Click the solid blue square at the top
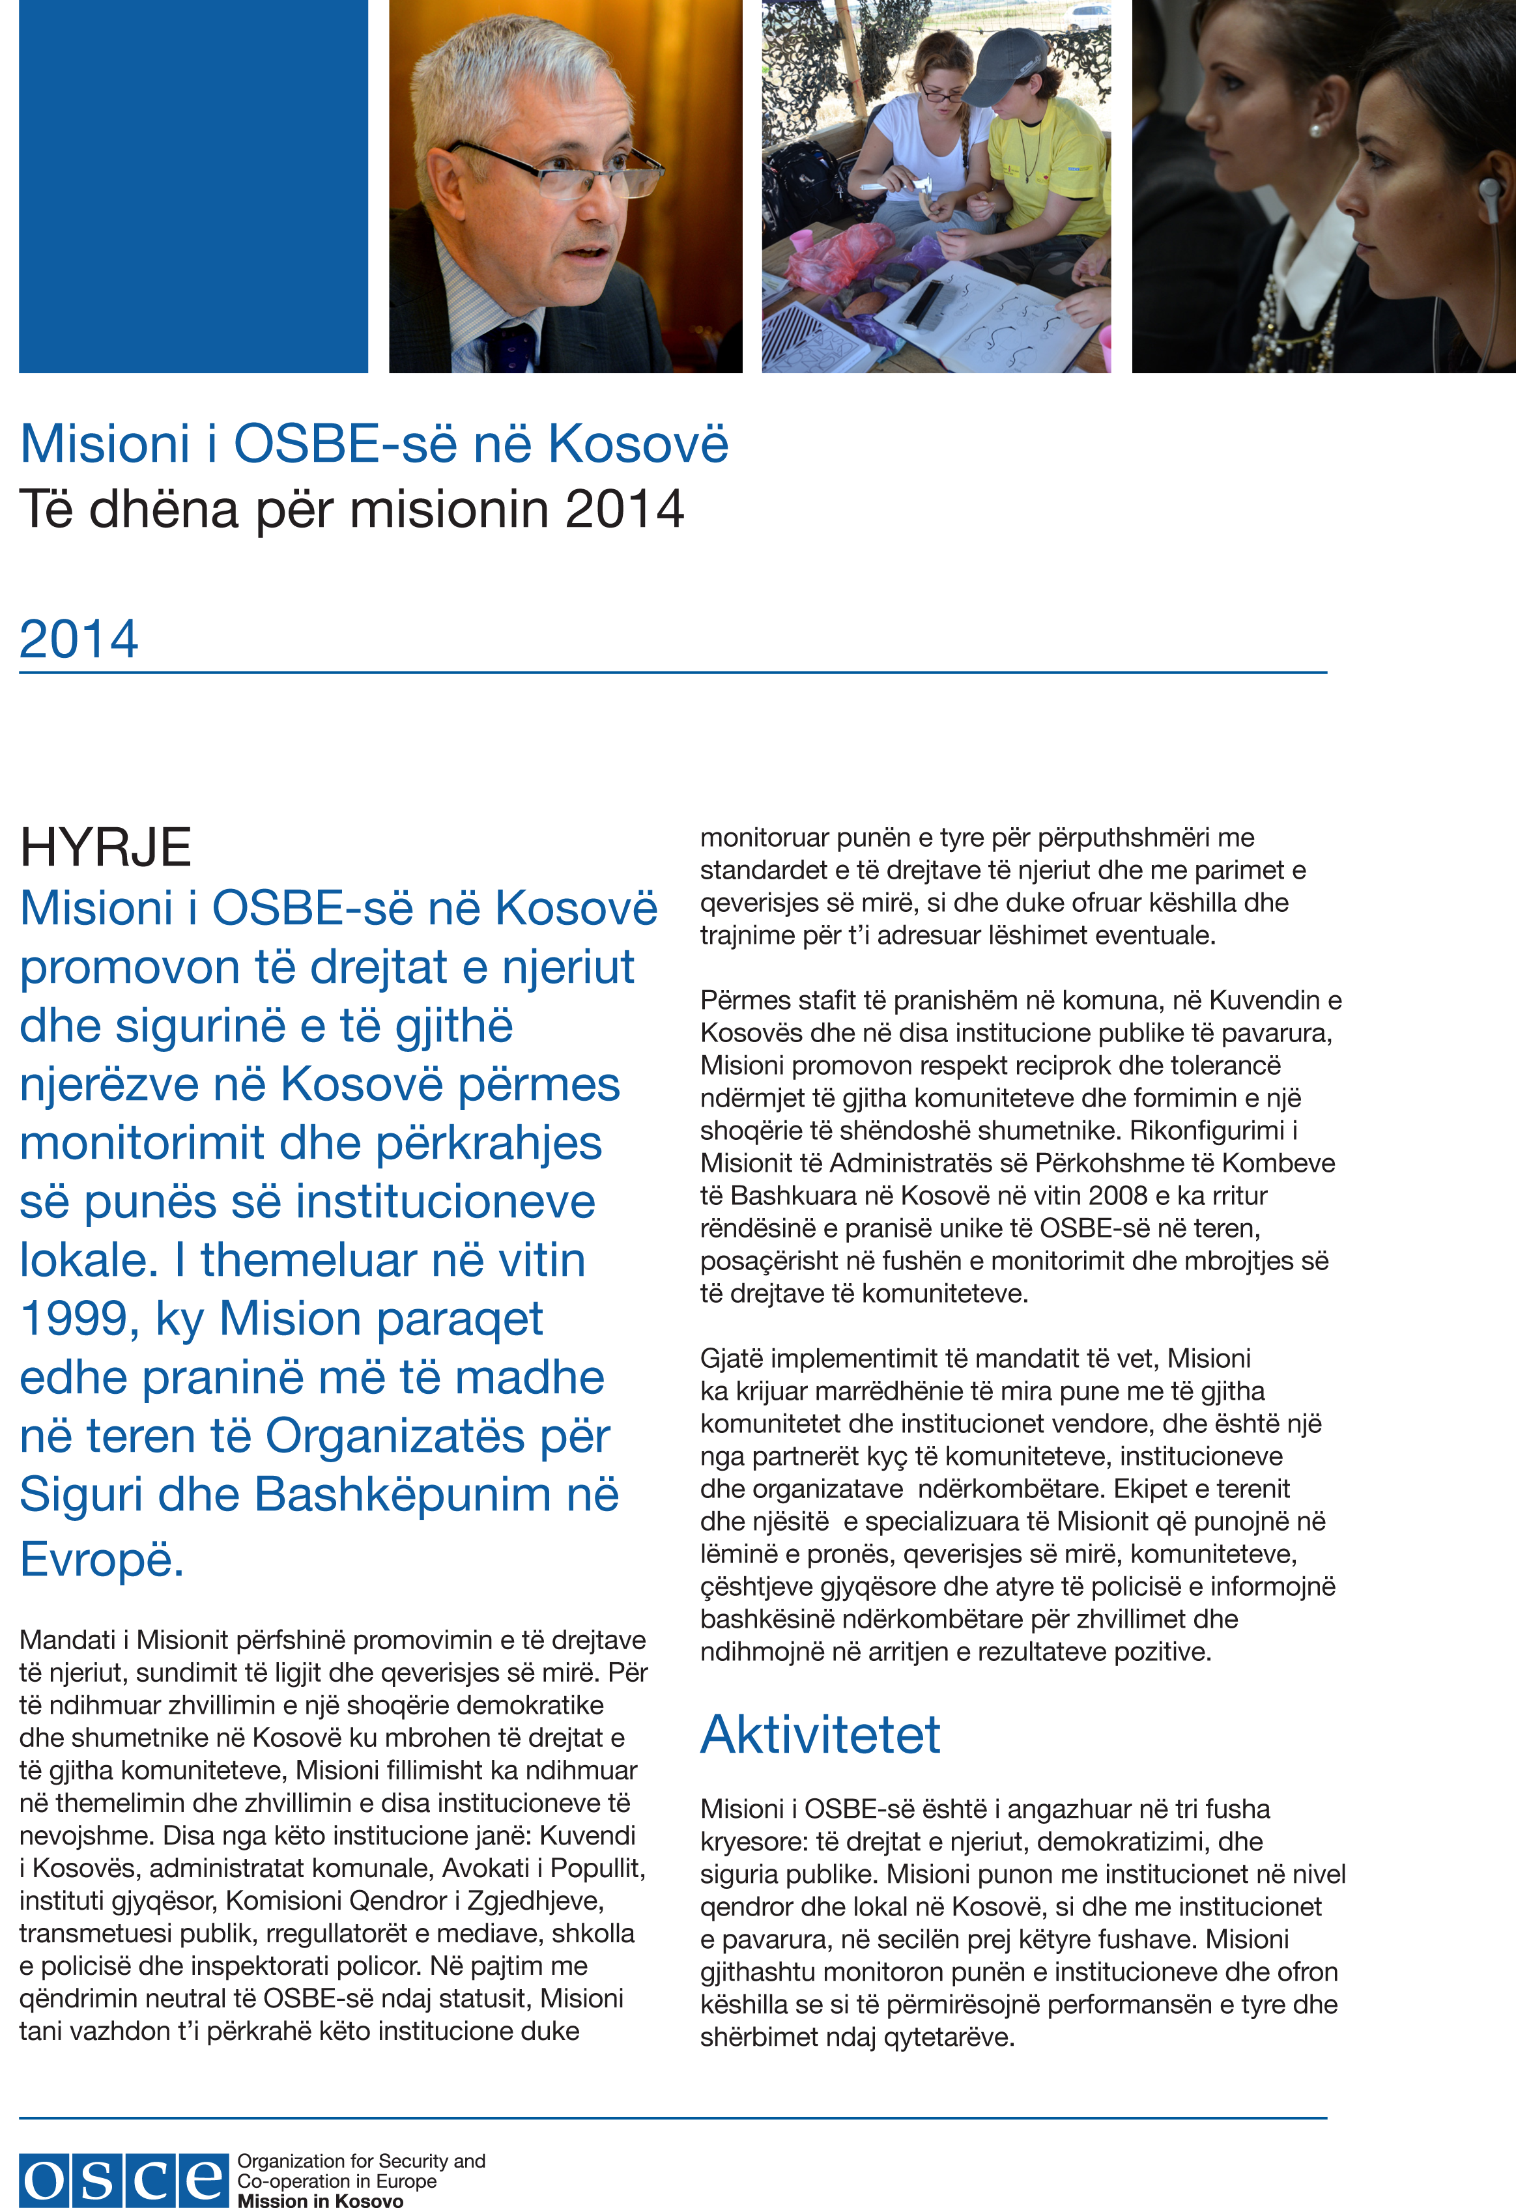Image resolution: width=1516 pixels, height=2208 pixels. point(193,186)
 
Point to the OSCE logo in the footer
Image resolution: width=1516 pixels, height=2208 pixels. point(124,2179)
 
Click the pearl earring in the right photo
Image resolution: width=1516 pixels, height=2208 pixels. point(1315,130)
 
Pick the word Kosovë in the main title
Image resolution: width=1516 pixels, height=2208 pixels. point(638,444)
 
